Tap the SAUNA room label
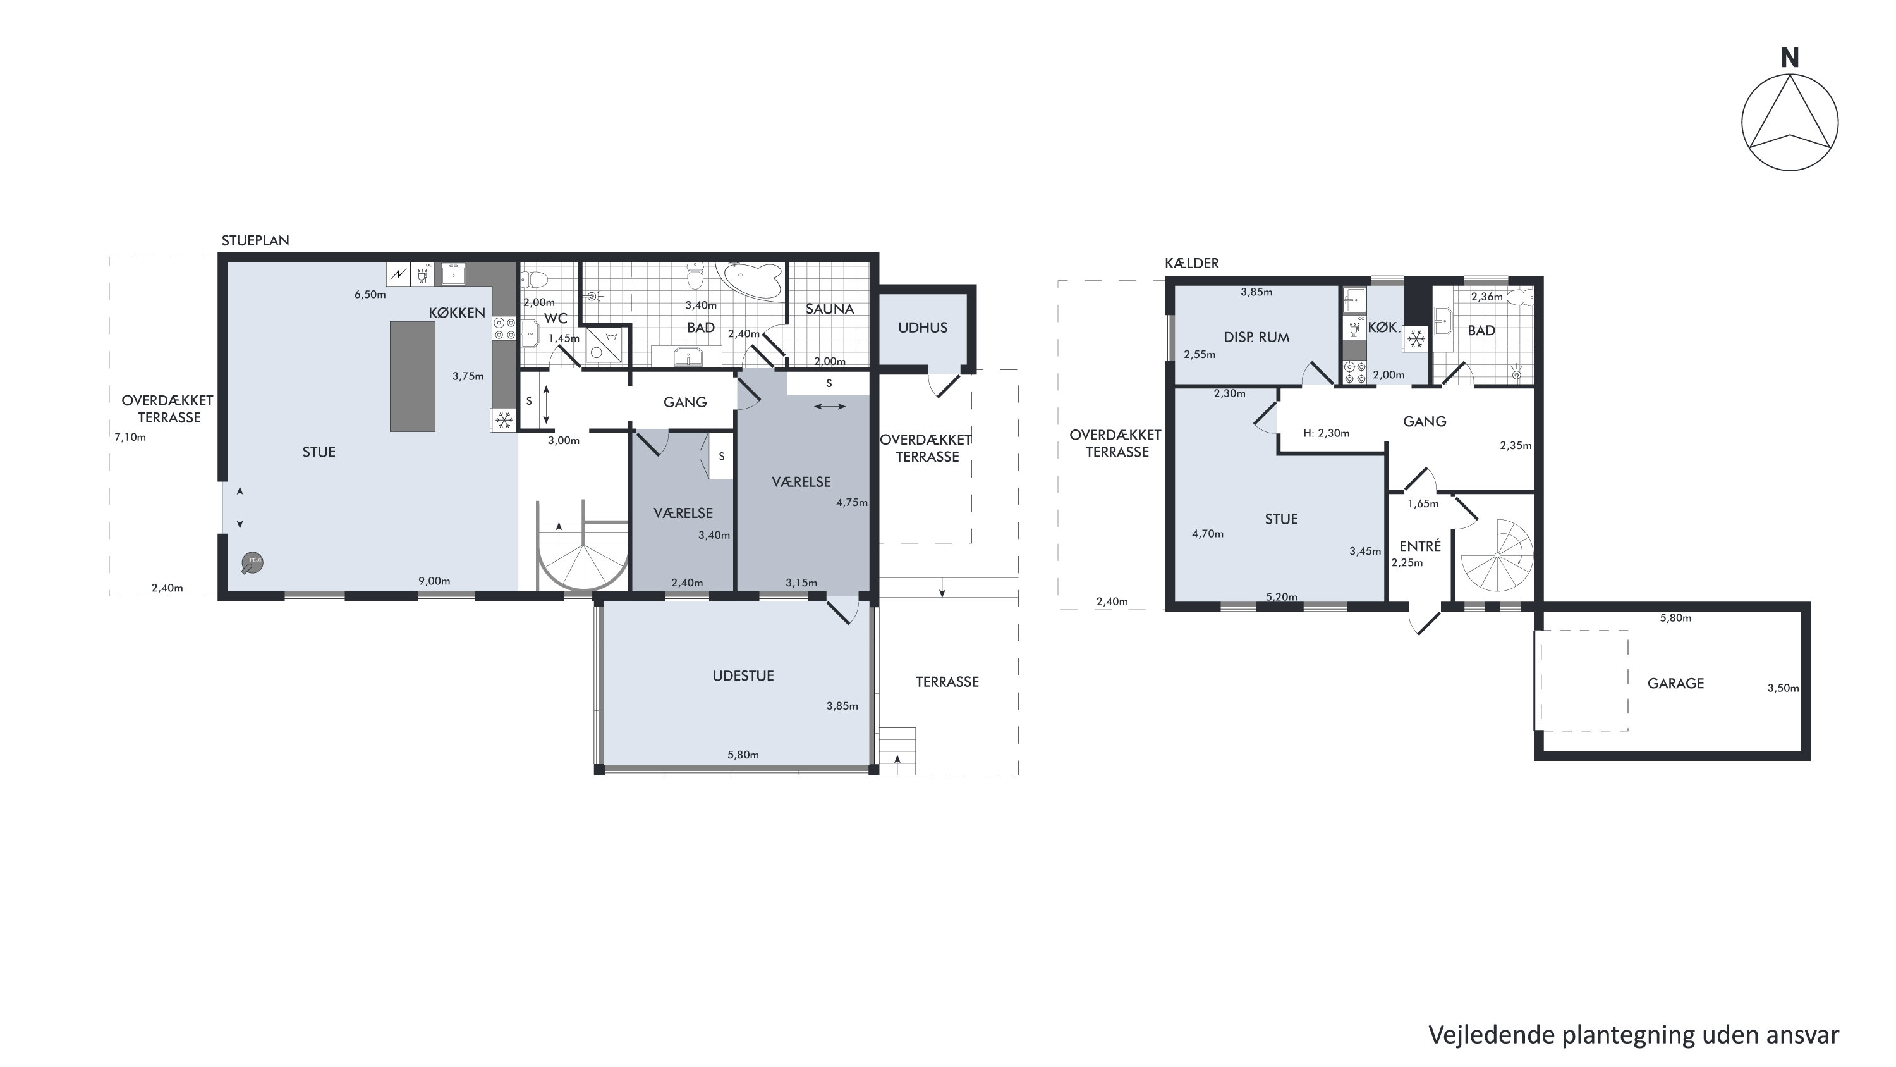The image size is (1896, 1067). (829, 309)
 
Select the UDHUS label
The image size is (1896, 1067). (922, 328)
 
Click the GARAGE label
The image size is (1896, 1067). (1675, 683)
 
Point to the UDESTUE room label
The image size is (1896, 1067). (743, 676)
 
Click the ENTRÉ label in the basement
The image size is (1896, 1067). (1420, 546)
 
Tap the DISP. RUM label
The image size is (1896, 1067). (1256, 337)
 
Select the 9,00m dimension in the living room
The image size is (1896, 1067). (434, 581)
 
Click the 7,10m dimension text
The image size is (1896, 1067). (130, 438)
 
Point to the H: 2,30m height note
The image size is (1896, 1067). (1327, 433)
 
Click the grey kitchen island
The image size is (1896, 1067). (412, 376)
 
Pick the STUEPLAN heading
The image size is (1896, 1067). (255, 241)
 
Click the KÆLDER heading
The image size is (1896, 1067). (1191, 264)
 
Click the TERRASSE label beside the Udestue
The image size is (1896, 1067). (947, 682)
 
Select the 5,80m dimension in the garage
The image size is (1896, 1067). (1675, 618)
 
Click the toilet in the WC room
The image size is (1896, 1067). (534, 280)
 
